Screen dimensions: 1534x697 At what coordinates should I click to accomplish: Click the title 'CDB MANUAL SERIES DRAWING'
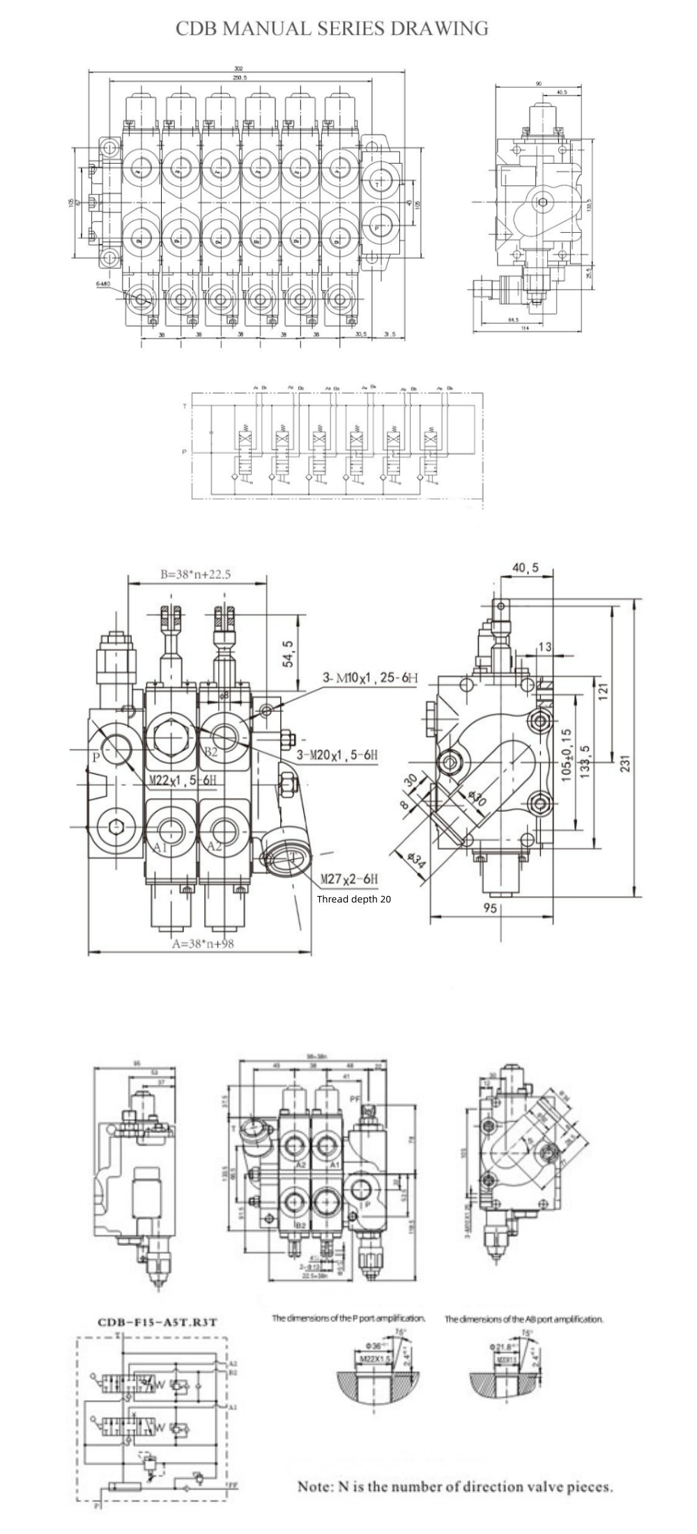click(x=332, y=29)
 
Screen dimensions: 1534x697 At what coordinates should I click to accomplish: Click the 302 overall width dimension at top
click(x=238, y=68)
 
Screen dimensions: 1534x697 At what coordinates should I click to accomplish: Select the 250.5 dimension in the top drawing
click(x=240, y=77)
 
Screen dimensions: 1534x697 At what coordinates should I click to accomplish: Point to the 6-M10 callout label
click(x=102, y=284)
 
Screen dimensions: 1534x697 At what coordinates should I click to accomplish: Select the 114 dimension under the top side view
click(x=524, y=328)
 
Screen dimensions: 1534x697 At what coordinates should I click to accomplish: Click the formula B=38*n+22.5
click(x=195, y=575)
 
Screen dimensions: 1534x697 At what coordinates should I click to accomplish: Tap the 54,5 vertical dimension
click(x=288, y=654)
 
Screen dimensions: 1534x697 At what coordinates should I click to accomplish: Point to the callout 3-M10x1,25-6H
click(x=370, y=677)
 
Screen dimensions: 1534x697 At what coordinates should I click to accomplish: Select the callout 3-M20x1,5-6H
click(x=337, y=754)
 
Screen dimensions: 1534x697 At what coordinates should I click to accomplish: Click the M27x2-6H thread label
click(x=349, y=879)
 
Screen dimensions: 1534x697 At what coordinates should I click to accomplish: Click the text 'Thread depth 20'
click(x=353, y=899)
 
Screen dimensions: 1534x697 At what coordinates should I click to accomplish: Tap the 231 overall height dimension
click(x=625, y=764)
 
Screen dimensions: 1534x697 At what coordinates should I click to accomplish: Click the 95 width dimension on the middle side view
click(x=489, y=908)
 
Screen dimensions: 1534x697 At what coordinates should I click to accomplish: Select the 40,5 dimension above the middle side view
click(x=525, y=568)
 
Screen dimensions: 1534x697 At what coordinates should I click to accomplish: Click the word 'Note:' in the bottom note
click(x=316, y=1487)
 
